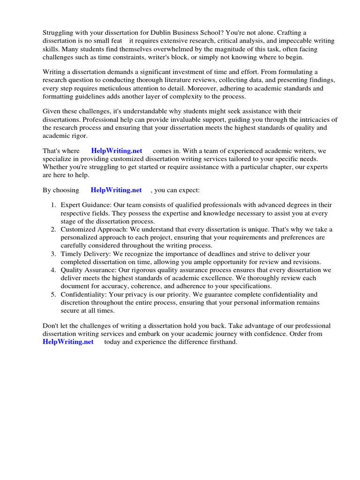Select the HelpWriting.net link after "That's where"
pyautogui.click(x=117, y=151)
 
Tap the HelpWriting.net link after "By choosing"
pyautogui.click(x=116, y=190)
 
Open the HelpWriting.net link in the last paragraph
pyautogui.click(x=68, y=342)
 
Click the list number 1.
pyautogui.click(x=53, y=205)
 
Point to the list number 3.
pyautogui.click(x=53, y=254)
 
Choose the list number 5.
pyautogui.click(x=53, y=294)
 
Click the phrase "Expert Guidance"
pyautogui.click(x=86, y=205)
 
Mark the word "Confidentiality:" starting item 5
pyautogui.click(x=84, y=294)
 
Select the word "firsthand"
pyautogui.click(x=222, y=342)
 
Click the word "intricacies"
pyautogui.click(x=308, y=120)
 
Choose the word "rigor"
pyautogui.click(x=78, y=135)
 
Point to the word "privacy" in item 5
pyautogui.click(x=144, y=294)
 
